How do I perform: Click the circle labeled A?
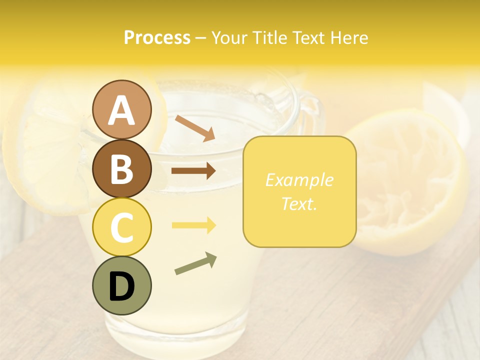pyautogui.click(x=122, y=109)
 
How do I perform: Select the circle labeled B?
pyautogui.click(x=122, y=168)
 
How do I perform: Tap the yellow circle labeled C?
pyautogui.click(x=122, y=227)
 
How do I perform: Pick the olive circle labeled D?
pyautogui.click(x=122, y=285)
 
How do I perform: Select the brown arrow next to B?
pyautogui.click(x=193, y=171)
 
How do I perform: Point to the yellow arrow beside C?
pyautogui.click(x=193, y=225)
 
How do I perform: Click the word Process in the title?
pyautogui.click(x=157, y=37)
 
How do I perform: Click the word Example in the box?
pyautogui.click(x=299, y=180)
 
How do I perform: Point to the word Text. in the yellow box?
pyautogui.click(x=299, y=203)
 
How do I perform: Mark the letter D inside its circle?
pyautogui.click(x=122, y=286)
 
